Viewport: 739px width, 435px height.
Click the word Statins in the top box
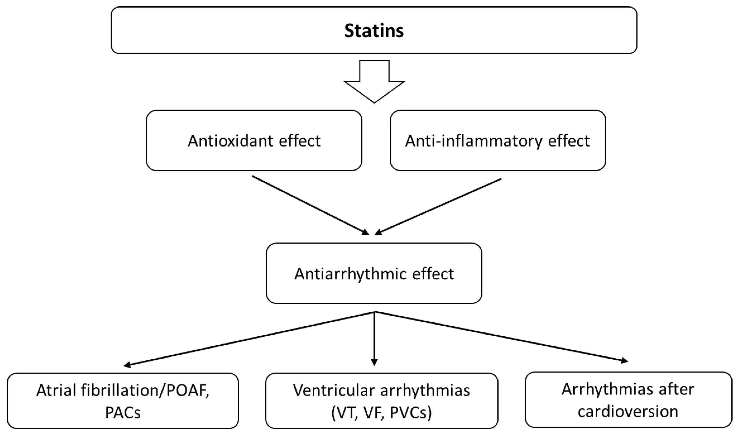(x=374, y=31)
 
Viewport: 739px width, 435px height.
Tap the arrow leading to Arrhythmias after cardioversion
(x=501, y=337)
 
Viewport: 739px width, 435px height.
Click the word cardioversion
(x=628, y=412)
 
